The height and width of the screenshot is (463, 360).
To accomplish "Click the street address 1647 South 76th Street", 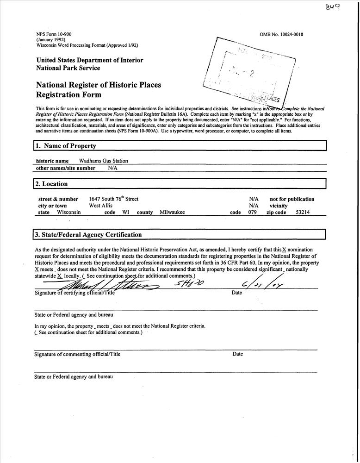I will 113,199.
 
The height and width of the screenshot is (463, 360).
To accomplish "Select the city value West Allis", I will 100,206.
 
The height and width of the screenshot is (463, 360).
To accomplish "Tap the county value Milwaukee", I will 172,213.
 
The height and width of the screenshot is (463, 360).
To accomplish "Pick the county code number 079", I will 253,213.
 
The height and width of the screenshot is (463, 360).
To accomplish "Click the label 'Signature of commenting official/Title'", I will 77,354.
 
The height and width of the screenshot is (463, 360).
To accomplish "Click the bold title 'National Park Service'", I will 68,68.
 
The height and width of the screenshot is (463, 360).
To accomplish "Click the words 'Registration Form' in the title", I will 68,95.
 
